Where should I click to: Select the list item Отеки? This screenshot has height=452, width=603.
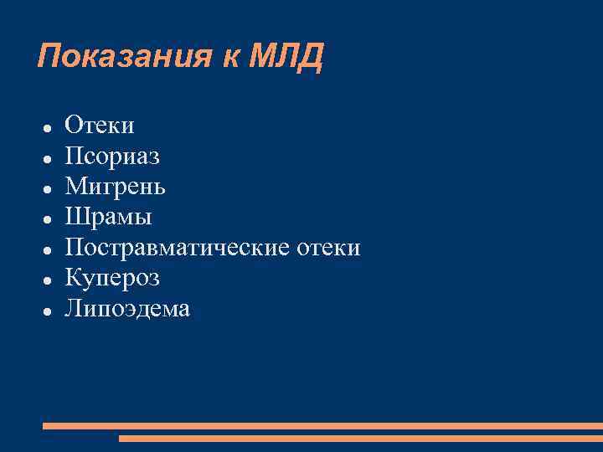pos(100,126)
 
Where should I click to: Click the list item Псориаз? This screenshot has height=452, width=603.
pos(112,157)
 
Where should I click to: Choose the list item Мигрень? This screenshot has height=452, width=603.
pos(116,187)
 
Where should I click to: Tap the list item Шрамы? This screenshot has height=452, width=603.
pos(109,218)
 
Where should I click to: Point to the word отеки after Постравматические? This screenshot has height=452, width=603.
pos(330,248)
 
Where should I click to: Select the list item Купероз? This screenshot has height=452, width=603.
pos(112,278)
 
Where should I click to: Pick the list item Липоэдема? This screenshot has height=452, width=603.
pos(127,309)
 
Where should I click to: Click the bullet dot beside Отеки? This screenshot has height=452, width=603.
pos(49,128)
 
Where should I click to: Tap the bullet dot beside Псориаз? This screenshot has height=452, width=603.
pos(49,158)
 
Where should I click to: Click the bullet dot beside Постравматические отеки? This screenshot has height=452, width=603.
pos(49,249)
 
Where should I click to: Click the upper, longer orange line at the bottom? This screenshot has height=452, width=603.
pos(322,426)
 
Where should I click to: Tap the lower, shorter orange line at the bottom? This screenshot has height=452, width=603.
pos(360,438)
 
